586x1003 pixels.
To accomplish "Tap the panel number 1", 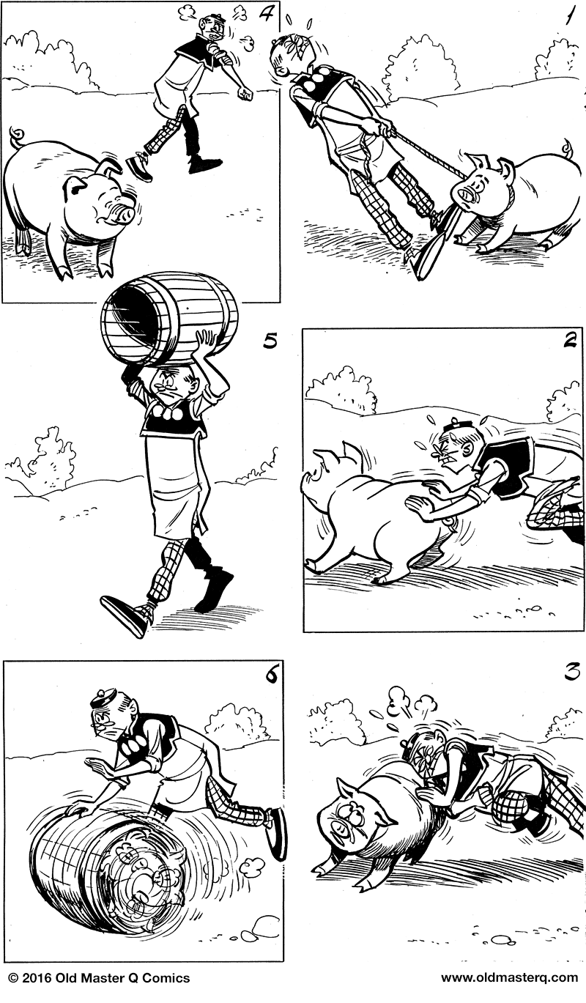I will click(568, 18).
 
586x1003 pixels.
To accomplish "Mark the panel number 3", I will click(570, 671).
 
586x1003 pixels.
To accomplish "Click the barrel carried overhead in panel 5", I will click(169, 317).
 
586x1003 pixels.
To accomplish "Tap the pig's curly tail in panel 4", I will click(15, 137).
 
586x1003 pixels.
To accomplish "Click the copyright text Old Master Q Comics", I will click(99, 978).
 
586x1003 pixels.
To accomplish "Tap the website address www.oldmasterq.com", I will click(509, 978).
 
